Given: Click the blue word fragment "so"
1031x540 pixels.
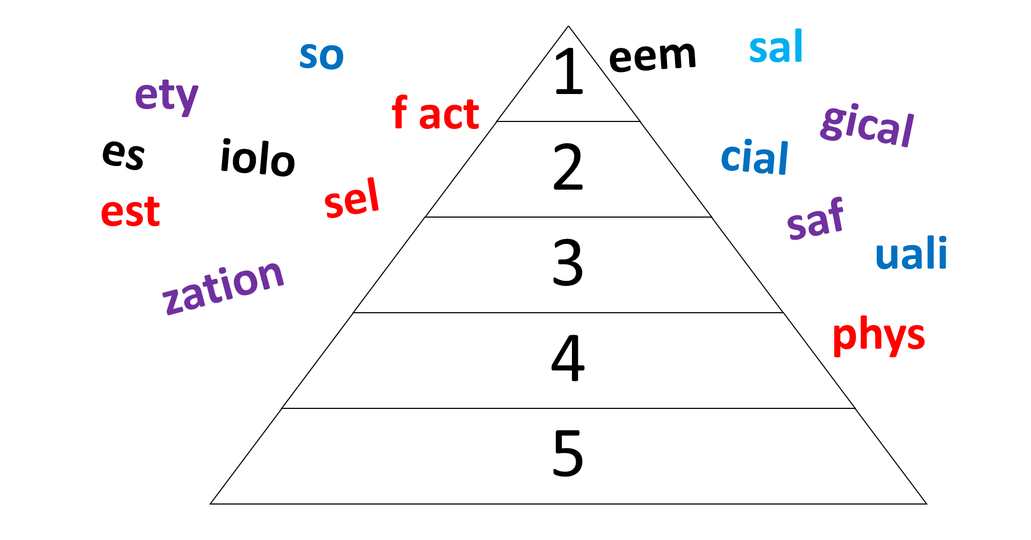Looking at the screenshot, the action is click(321, 56).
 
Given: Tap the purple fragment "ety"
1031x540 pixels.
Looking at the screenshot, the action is click(167, 97).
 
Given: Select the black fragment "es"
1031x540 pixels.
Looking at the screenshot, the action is click(124, 155).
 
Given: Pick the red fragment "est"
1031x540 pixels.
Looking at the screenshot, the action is click(131, 212).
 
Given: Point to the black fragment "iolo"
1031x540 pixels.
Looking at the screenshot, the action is click(258, 157).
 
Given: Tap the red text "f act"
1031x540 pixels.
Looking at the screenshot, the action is click(435, 113).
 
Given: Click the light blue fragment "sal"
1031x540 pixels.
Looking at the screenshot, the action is click(776, 47).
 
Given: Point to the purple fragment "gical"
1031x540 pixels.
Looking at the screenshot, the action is click(867, 126).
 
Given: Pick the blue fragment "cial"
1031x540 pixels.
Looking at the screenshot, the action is click(755, 157).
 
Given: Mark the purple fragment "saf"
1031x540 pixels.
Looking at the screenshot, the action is click(815, 218).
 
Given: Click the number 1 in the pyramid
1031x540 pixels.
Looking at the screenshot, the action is click(569, 71).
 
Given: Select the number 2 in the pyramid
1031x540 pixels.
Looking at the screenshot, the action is click(568, 167).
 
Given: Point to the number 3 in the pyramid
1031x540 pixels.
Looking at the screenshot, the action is click(568, 263).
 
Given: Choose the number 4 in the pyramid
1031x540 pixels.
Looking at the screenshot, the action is click(568, 358).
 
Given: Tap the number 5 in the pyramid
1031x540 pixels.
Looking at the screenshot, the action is click(568, 453).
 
